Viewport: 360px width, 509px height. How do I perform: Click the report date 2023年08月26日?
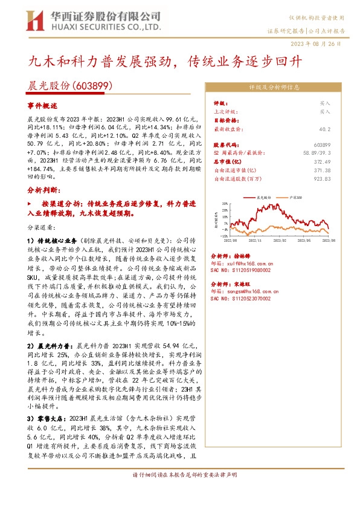pyautogui.click(x=324, y=44)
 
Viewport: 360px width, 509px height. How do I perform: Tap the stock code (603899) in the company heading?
pyautogui.click(x=92, y=86)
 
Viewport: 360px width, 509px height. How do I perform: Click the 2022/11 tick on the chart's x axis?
pyautogui.click(x=260, y=240)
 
